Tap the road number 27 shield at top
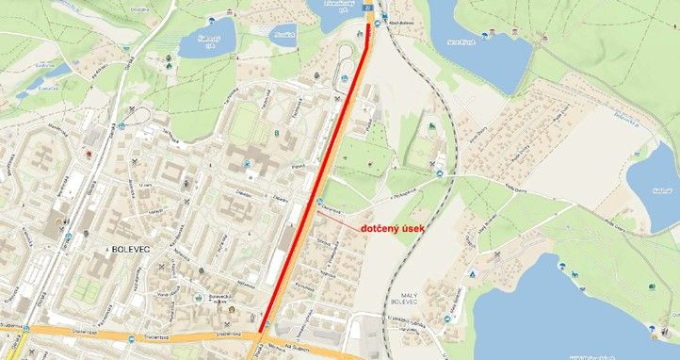(367, 7)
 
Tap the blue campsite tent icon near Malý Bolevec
(475, 274)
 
